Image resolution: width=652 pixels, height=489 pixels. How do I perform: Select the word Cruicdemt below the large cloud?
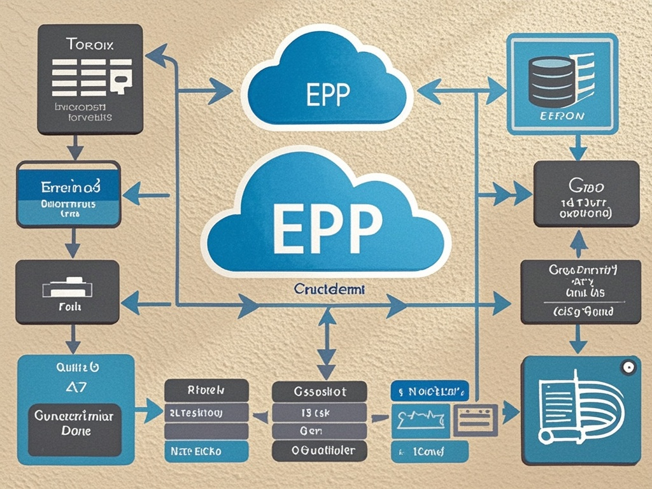point(329,289)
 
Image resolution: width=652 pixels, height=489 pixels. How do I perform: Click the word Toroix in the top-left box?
point(89,46)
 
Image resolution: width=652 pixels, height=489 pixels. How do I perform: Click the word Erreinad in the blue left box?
point(70,188)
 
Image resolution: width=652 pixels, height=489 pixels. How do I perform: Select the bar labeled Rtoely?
point(205,390)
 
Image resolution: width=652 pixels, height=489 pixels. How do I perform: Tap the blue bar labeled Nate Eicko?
point(205,451)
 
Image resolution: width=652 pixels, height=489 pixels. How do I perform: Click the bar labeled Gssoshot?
point(319,391)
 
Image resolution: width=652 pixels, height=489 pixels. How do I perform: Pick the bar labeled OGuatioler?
point(319,451)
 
